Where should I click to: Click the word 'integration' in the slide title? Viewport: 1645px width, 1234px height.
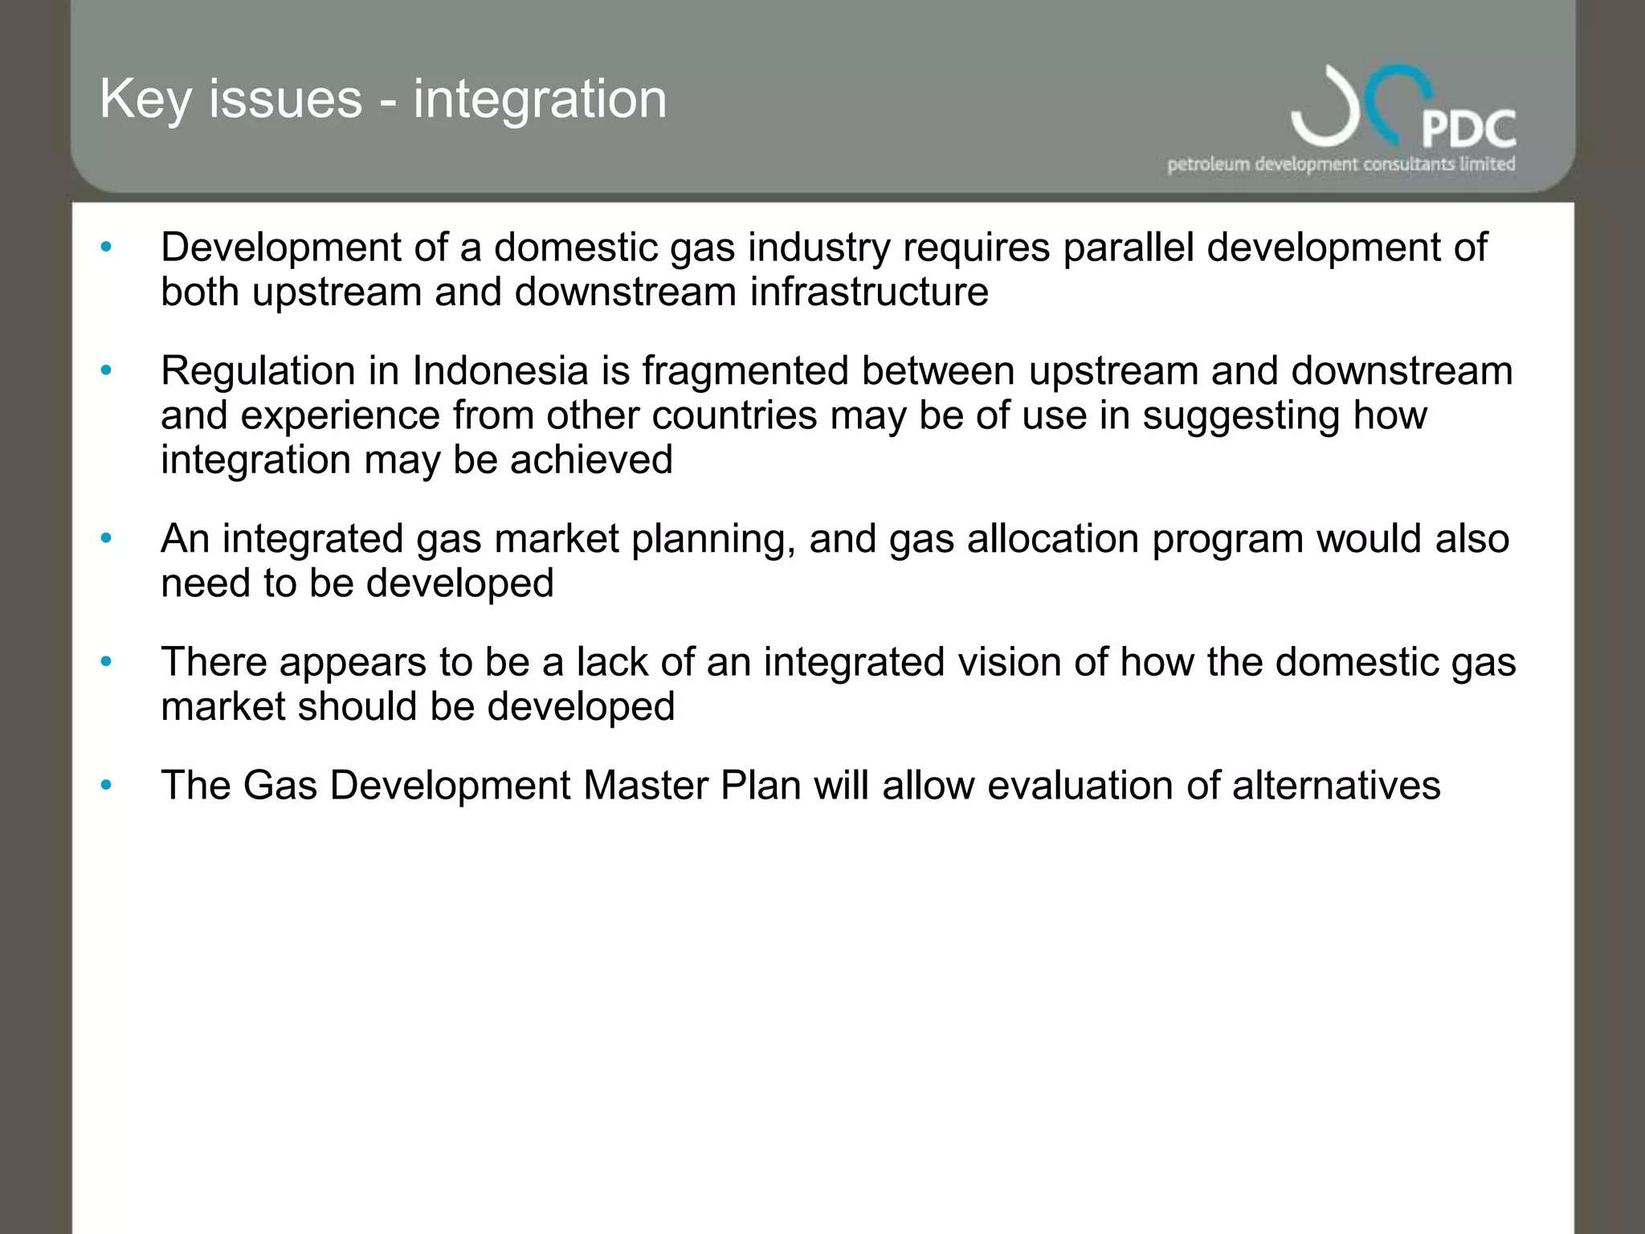coord(540,100)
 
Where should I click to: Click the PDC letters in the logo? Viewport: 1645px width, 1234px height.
coord(1468,129)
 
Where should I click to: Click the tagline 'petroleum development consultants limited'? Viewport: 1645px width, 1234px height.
coord(1341,165)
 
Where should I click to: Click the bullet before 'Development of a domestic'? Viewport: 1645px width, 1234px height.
coord(106,247)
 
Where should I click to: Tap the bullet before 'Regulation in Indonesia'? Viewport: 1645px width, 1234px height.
coord(106,370)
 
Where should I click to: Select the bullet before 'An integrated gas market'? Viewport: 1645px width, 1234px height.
coord(106,538)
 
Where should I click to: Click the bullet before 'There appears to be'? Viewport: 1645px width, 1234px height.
coord(106,662)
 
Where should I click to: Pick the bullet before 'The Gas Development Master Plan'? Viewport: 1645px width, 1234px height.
coord(106,785)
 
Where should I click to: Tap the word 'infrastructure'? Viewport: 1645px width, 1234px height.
coord(869,292)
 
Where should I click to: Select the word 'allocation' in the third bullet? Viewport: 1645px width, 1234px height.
coord(1053,539)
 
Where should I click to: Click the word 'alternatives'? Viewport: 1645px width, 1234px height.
coord(1336,786)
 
